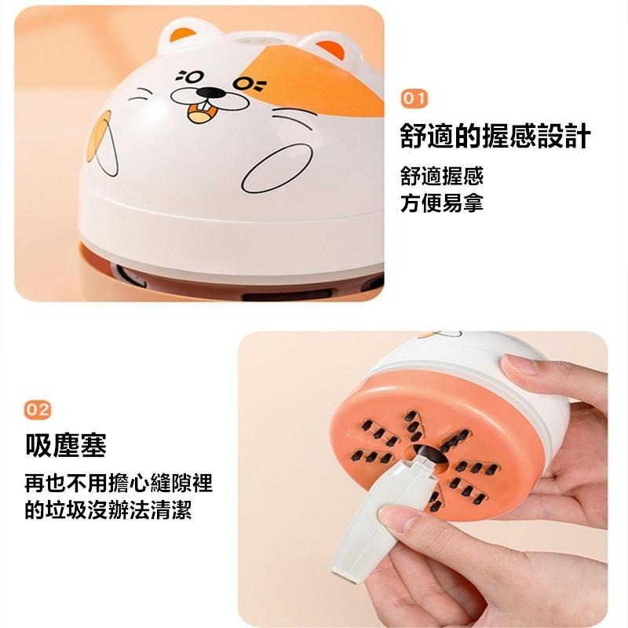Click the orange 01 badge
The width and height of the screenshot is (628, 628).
pos(414,98)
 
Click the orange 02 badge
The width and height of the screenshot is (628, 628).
pos(38,409)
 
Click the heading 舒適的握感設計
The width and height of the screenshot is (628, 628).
pos(495,137)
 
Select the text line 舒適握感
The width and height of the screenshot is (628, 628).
pos(441,176)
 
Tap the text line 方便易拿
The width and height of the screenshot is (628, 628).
pos(441,203)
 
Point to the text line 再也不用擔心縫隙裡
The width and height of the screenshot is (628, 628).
pos(119,483)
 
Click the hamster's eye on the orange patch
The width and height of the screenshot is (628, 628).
pos(252,82)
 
